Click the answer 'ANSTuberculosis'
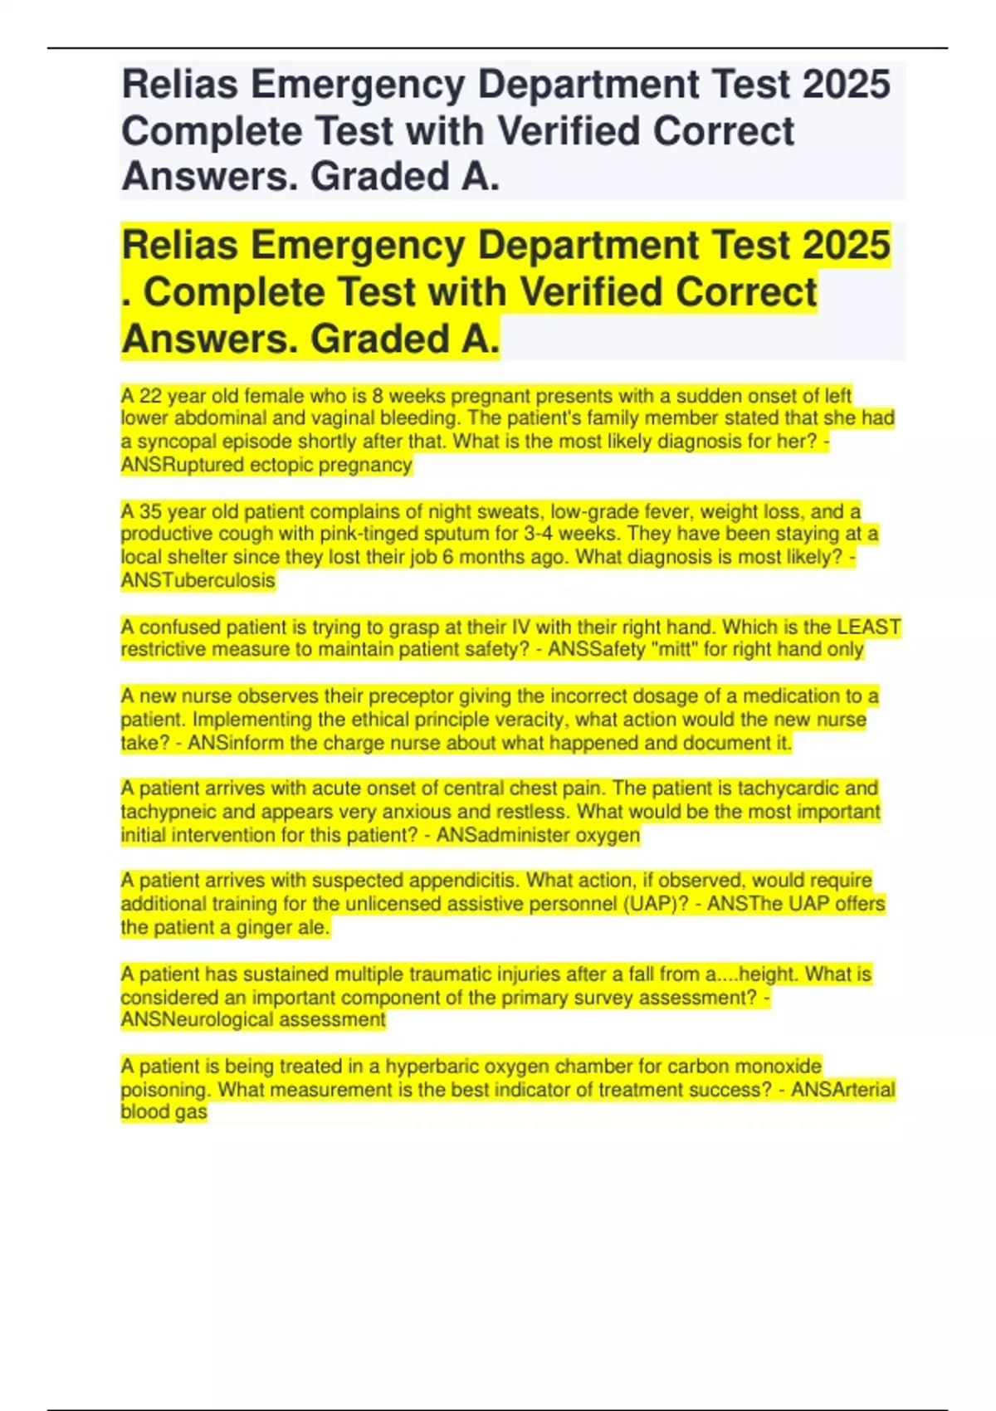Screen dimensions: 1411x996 pos(198,580)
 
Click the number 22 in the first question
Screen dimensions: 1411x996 pos(150,396)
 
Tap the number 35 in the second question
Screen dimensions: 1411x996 pos(150,511)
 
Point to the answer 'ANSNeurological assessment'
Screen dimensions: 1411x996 pos(253,1019)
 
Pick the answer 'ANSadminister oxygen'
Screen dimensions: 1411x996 pos(538,835)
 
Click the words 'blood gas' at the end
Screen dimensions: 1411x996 pos(164,1112)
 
